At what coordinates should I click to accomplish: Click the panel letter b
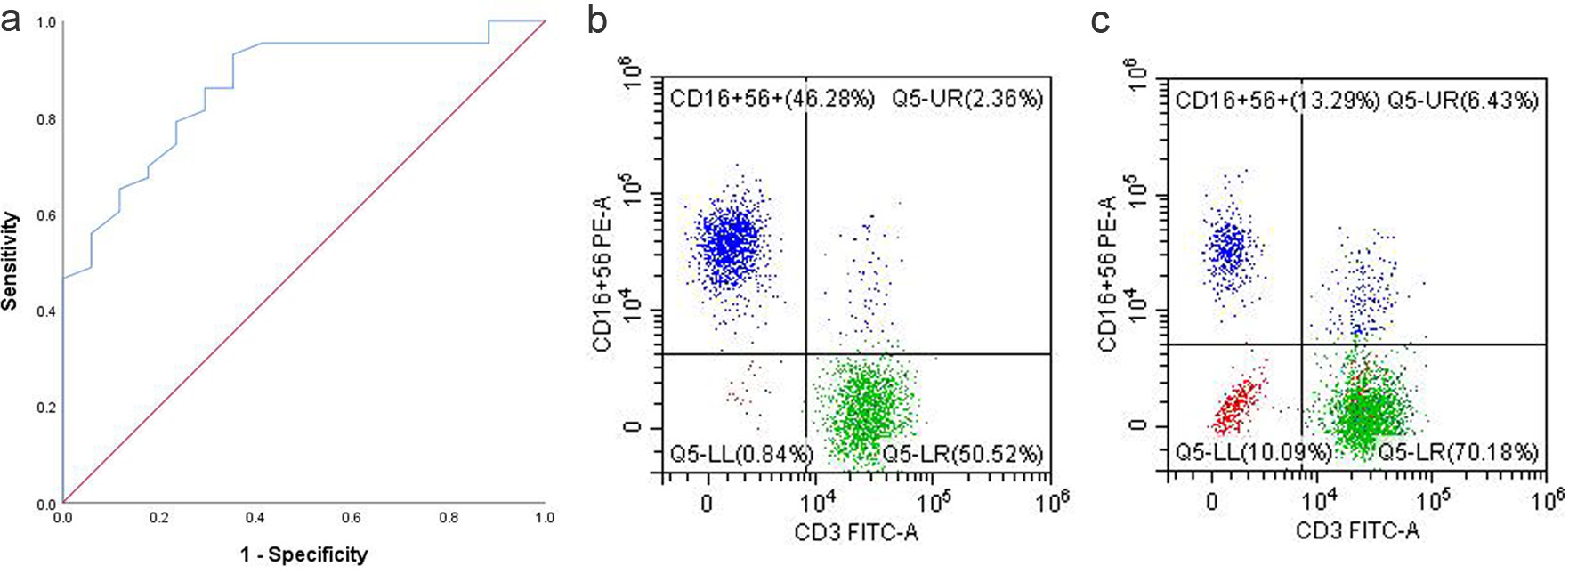click(x=597, y=20)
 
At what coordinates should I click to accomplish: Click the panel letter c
click(x=1101, y=20)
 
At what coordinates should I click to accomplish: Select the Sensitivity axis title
click(x=10, y=261)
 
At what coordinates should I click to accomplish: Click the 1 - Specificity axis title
click(x=303, y=554)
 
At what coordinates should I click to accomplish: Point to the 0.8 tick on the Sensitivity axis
click(x=45, y=119)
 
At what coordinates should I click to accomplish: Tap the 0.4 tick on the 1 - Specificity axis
click(x=255, y=517)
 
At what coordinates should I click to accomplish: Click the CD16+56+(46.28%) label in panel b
click(x=772, y=98)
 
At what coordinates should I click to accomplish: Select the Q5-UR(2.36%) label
click(x=967, y=98)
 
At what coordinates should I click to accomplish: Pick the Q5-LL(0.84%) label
click(x=741, y=455)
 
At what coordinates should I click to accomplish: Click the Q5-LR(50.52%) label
click(x=962, y=455)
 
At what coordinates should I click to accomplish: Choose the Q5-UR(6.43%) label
click(x=1463, y=100)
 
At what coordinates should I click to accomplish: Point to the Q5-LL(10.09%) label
click(x=1252, y=452)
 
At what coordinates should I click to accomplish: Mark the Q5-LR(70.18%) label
click(x=1458, y=452)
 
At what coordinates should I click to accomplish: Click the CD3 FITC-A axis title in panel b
click(x=856, y=532)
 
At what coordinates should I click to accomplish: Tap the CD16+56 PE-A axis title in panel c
click(x=1108, y=274)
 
